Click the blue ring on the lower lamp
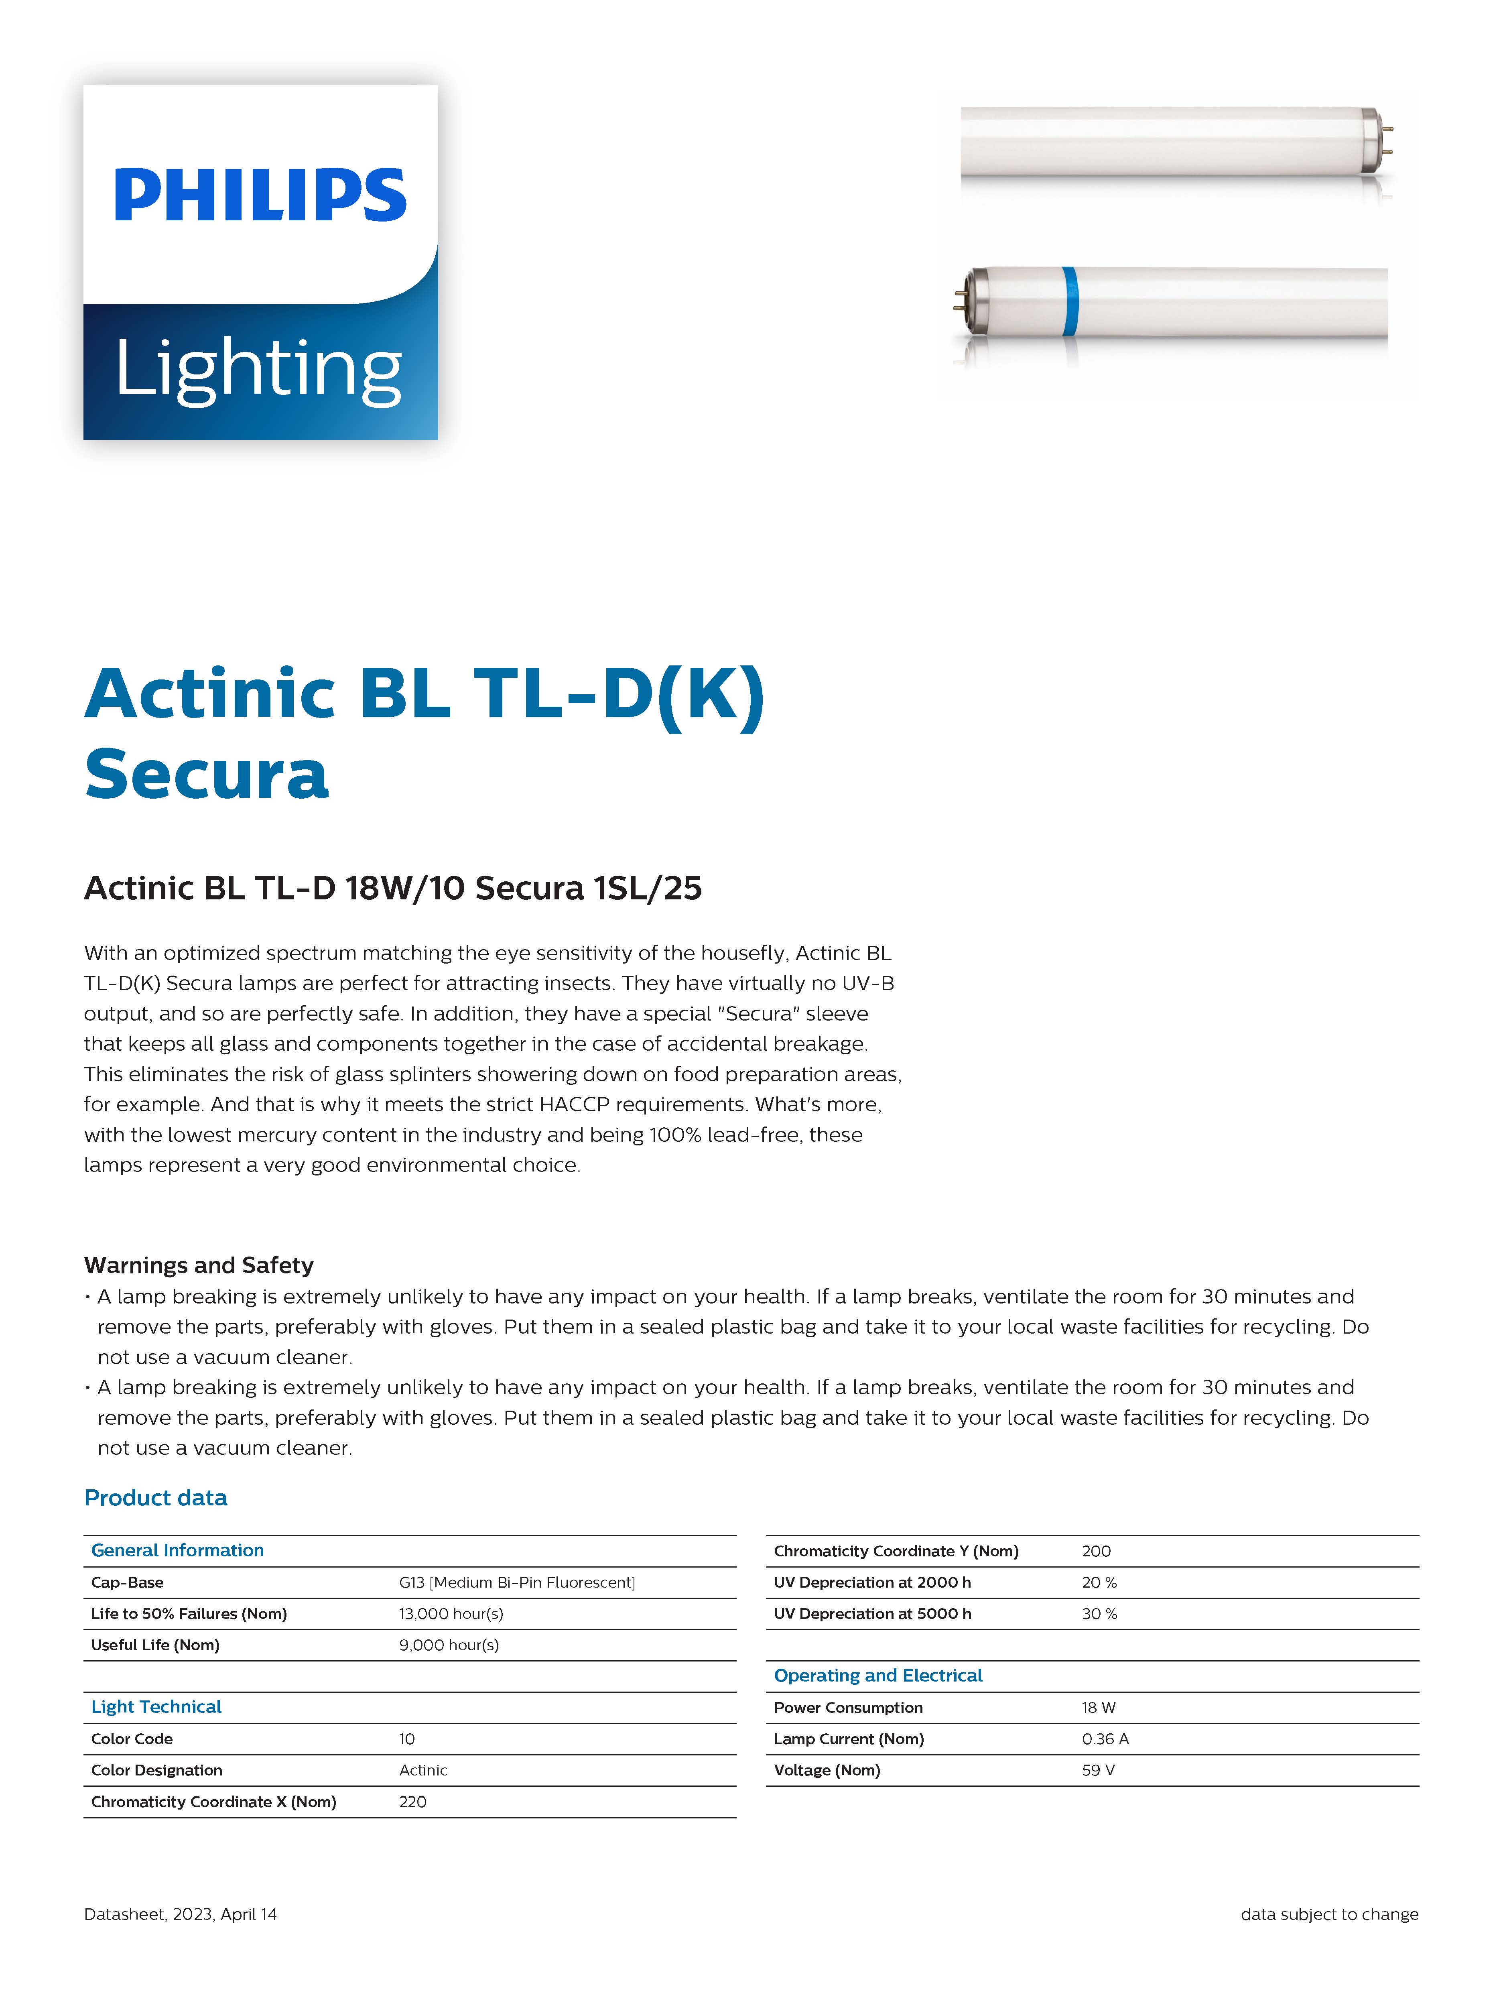click(1070, 301)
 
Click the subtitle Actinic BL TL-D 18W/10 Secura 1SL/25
click(393, 889)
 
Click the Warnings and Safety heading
click(199, 1265)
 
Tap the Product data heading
click(155, 1498)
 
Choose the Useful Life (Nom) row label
click(155, 1645)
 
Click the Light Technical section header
click(156, 1706)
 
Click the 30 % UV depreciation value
click(1099, 1613)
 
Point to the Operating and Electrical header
click(877, 1676)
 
